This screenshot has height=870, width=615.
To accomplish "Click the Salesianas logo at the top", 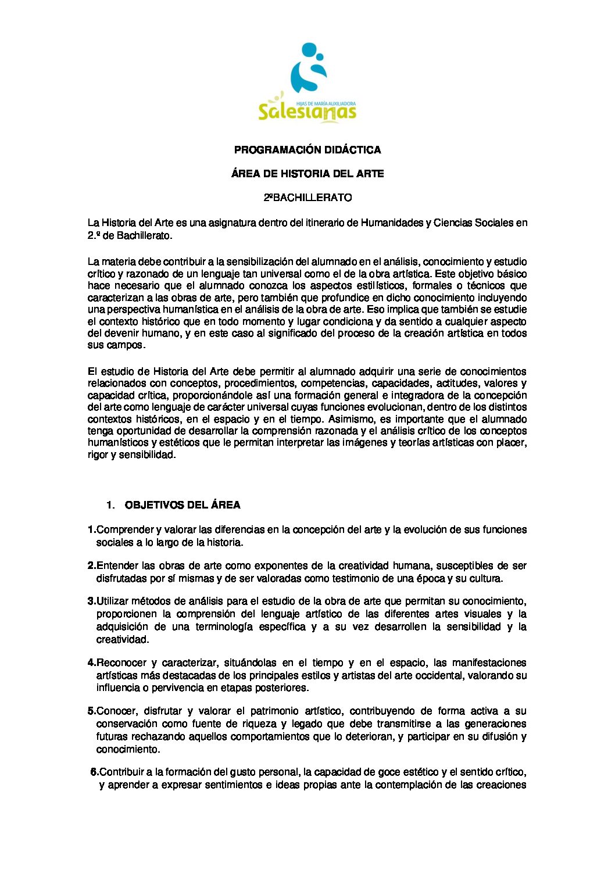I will (307, 83).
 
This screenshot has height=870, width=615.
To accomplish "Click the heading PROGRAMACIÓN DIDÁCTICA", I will (307, 150).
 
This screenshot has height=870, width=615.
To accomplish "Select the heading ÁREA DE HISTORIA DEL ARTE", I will (307, 174).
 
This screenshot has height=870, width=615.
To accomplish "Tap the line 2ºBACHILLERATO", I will (307, 198).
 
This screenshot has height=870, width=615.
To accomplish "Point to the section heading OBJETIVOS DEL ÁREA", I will (183, 505).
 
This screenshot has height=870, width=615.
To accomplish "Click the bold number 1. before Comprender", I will (92, 529).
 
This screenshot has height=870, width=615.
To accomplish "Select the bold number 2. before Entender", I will (92, 565).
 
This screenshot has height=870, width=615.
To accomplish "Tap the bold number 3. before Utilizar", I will (92, 601).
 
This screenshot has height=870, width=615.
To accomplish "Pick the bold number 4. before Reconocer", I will (92, 663).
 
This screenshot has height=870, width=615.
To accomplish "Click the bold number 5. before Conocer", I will (92, 711).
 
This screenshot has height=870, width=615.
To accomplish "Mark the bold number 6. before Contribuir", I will (94, 772).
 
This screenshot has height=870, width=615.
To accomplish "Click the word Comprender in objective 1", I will (125, 529).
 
